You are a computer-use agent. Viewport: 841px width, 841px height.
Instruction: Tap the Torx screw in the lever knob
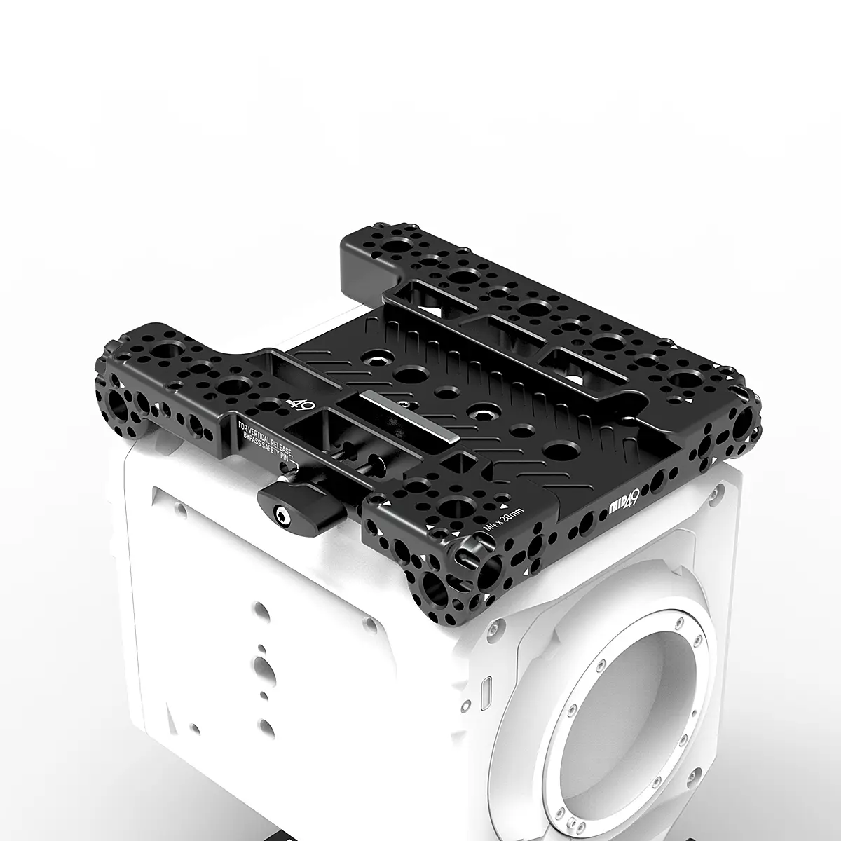(281, 519)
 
